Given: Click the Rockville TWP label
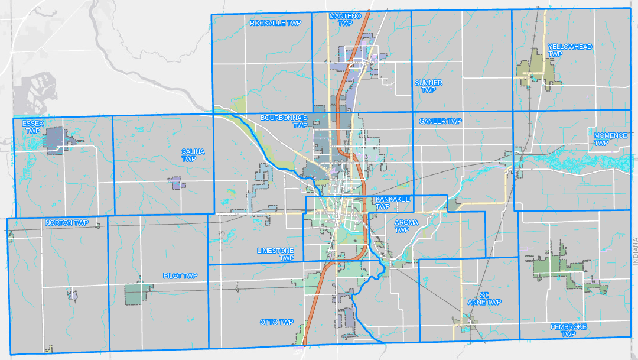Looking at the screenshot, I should [275, 23].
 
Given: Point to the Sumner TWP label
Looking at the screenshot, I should [428, 86].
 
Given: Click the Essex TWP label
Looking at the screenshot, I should [33, 127].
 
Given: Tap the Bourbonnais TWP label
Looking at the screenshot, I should [285, 121].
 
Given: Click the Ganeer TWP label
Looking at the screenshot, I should [440, 121].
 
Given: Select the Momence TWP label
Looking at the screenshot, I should [610, 139].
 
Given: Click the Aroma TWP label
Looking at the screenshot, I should [406, 226].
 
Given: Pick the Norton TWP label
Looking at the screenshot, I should [66, 223].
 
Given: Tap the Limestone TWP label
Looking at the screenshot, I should [275, 254].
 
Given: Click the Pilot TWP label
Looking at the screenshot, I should [180, 276].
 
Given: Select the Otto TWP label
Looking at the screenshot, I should [276, 322].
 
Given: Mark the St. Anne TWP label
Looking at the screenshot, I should [484, 299].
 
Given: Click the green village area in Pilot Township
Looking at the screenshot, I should [136, 293].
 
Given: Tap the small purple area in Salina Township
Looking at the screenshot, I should [178, 185].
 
